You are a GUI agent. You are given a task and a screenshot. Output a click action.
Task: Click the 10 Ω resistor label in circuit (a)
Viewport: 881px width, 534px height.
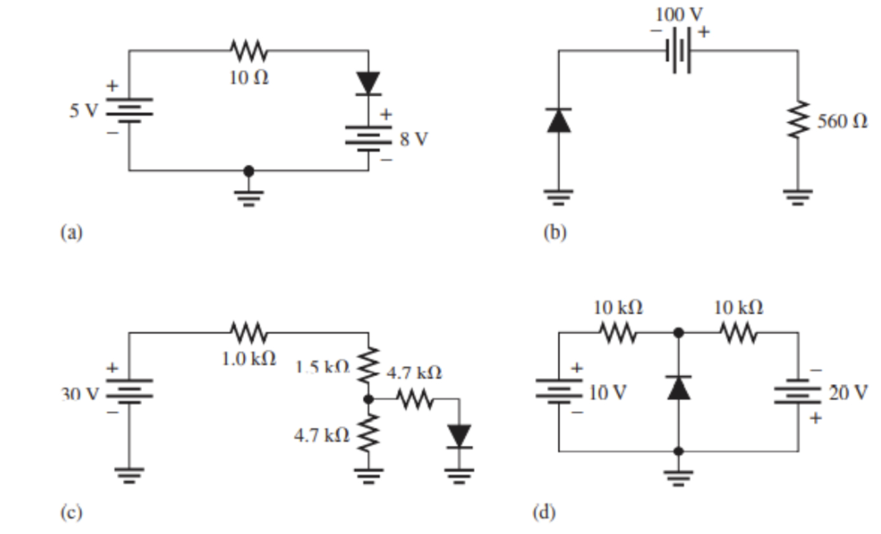249,78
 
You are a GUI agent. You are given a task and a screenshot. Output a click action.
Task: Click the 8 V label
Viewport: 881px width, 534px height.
413,140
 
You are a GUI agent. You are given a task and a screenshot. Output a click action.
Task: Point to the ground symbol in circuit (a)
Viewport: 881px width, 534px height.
248,195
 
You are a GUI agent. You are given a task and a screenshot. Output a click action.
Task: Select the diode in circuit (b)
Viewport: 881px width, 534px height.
559,120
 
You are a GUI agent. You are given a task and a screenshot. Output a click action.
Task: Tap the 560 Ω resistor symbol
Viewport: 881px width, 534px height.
798,120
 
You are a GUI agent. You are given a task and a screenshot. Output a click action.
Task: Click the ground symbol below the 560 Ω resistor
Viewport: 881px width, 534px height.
798,195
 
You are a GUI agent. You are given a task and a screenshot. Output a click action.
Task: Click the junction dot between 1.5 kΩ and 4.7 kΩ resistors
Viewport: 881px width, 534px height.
368,399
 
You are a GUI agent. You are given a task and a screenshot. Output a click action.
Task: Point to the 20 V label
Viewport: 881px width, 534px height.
848,393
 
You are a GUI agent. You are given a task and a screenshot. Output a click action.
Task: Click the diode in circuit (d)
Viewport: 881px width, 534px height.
679,388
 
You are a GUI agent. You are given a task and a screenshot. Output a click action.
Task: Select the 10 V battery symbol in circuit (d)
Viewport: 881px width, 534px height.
559,393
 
